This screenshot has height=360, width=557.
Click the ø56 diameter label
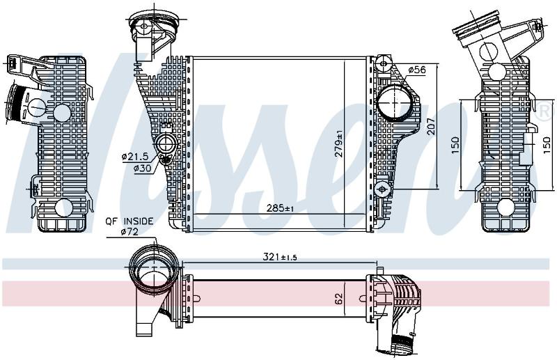(416, 70)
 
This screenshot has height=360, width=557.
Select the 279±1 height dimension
(338, 143)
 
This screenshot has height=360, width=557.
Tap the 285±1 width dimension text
(281, 208)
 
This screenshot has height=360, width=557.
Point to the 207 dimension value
(430, 126)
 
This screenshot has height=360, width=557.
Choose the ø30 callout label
(142, 167)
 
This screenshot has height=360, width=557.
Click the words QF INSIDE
(130, 221)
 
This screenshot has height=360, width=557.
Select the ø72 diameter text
(130, 232)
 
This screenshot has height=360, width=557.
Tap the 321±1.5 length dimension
(280, 256)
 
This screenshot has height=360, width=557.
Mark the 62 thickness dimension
(339, 299)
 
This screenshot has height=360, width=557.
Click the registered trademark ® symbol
(545, 111)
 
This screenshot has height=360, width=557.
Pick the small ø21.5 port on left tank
(165, 143)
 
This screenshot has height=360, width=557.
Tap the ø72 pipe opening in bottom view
(153, 268)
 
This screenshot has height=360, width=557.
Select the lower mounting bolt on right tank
(382, 189)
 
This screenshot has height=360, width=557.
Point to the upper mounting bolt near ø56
(383, 64)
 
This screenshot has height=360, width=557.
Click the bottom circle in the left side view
(64, 208)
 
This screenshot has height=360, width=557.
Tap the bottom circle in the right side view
(506, 208)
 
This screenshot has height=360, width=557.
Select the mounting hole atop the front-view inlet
(143, 26)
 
